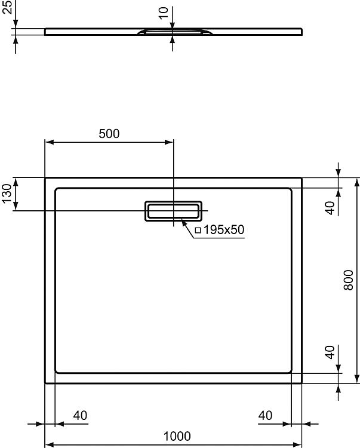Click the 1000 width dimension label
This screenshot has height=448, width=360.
click(x=177, y=436)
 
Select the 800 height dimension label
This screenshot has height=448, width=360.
click(x=348, y=280)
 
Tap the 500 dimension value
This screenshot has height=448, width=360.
click(x=109, y=134)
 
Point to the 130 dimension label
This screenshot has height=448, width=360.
click(x=7, y=194)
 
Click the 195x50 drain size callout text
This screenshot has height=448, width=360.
click(x=223, y=229)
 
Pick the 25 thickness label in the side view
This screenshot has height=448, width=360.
click(x=7, y=7)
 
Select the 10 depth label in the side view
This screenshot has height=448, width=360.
click(x=163, y=13)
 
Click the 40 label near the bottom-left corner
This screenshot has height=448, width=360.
click(x=80, y=415)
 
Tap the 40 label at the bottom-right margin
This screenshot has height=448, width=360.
click(x=265, y=415)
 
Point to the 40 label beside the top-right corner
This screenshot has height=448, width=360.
click(x=330, y=208)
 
